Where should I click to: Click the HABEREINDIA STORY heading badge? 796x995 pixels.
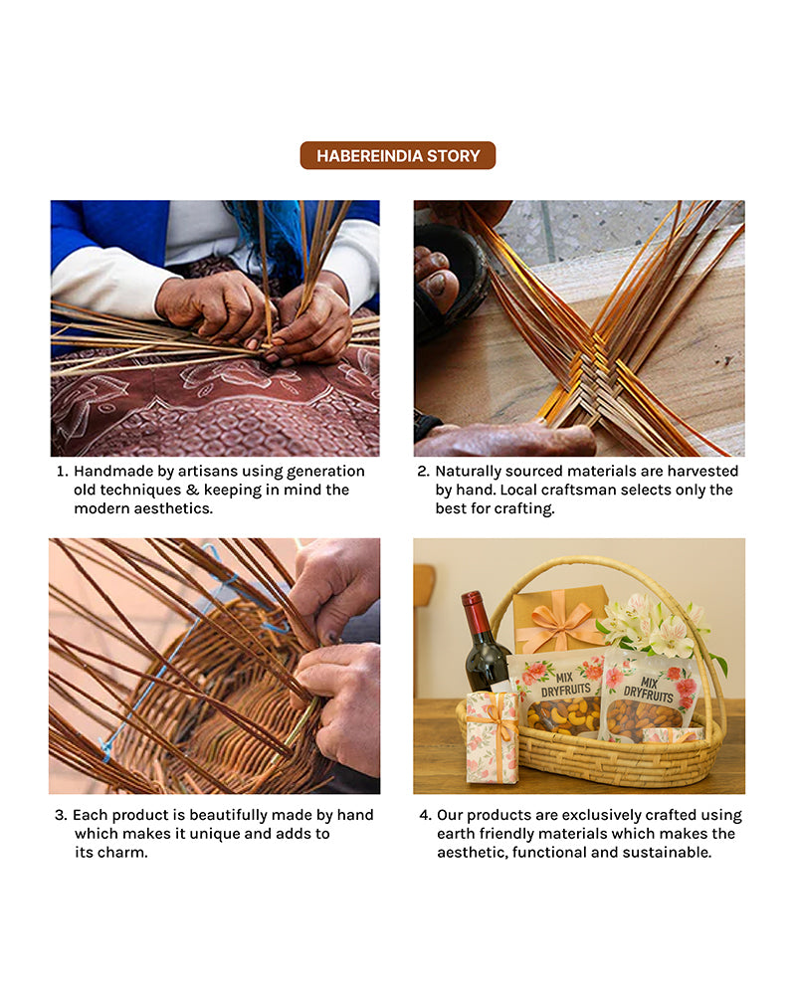point(397,155)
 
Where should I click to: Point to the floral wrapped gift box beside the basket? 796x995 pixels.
point(494,738)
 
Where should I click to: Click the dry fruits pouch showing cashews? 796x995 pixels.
point(559,694)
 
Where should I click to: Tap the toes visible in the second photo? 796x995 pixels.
point(436,274)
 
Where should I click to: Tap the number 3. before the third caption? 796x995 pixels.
point(61,815)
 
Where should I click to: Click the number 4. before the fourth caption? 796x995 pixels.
point(425,815)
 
